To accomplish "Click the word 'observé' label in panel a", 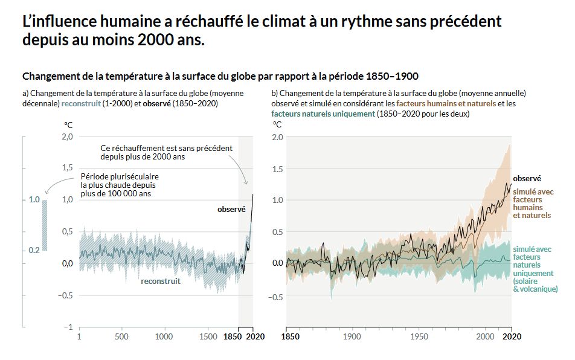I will pos(231,210).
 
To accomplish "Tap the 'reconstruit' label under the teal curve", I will pos(161,281).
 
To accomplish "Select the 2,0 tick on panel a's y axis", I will pos(67,137).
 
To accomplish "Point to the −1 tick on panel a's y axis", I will pos(69,327).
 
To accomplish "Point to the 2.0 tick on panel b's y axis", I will pos(277,137).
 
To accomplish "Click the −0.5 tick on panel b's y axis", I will pos(275,297).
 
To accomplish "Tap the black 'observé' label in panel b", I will pos(527,178).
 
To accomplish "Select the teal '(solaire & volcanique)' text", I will pos(535,286).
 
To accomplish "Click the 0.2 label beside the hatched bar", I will pos(34,250).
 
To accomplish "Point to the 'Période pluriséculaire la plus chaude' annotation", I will pos(120,185).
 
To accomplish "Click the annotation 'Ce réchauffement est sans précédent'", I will pos(166,152).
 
